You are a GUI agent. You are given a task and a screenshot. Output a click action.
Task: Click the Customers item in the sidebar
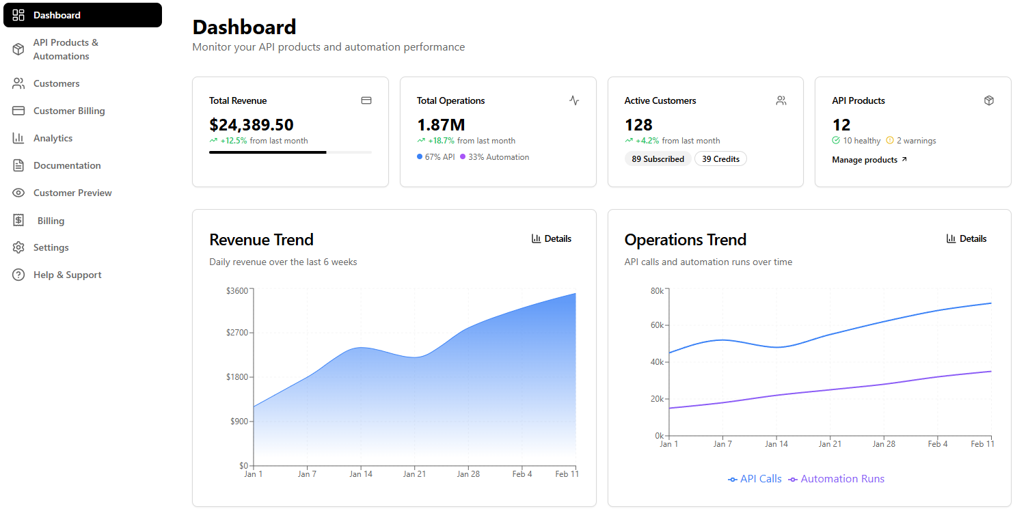[56, 83]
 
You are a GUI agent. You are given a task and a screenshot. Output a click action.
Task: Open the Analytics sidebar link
[53, 138]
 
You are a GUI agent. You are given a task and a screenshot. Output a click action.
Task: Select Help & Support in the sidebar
[67, 275]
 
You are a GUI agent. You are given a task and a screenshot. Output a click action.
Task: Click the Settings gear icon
[18, 247]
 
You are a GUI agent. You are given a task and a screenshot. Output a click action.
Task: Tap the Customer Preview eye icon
[18, 193]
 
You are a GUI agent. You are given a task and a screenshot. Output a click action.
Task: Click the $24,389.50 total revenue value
[251, 125]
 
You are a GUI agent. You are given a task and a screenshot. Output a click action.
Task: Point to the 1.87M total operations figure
[441, 125]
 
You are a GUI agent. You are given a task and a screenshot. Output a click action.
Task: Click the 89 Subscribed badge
[658, 159]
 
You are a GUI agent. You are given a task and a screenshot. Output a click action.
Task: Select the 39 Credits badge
[720, 159]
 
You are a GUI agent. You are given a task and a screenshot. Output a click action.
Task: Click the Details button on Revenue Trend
[552, 239]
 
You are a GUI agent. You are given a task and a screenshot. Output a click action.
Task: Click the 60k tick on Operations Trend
[657, 325]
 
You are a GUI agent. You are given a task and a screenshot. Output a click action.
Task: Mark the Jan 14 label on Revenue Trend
[360, 474]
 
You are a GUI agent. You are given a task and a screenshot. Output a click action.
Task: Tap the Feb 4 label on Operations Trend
[937, 444]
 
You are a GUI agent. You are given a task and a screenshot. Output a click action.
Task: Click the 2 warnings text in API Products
[915, 141]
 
